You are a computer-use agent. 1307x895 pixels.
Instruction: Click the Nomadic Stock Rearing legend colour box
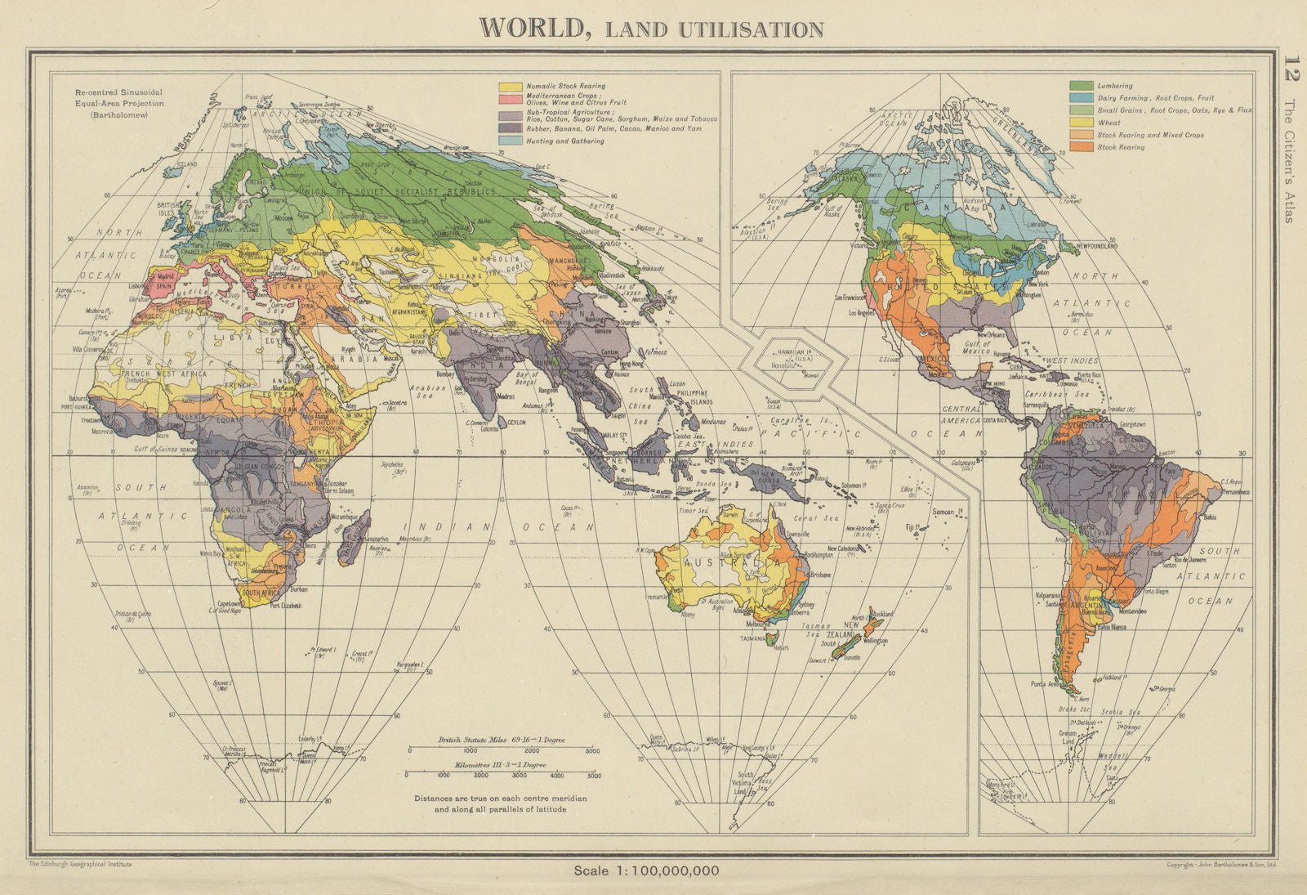[x=511, y=86]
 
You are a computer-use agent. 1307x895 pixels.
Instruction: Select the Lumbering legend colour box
[x=1081, y=86]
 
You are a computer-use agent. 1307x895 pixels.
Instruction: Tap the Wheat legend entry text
[x=1109, y=123]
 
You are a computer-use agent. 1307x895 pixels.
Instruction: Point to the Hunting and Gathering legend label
[x=565, y=141]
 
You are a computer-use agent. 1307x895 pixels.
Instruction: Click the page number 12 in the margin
[x=1290, y=67]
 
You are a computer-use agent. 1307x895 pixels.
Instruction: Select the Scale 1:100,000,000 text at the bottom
[x=646, y=870]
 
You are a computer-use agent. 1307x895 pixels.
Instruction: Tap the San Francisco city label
[x=854, y=298]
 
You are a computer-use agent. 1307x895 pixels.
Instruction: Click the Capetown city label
[x=226, y=605]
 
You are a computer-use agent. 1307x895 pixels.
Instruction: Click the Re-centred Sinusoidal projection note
[x=119, y=103]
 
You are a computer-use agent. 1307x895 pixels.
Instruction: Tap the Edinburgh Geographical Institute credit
[x=80, y=863]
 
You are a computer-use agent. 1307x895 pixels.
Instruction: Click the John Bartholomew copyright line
[x=1222, y=864]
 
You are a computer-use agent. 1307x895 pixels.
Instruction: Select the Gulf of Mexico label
[x=978, y=347]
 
